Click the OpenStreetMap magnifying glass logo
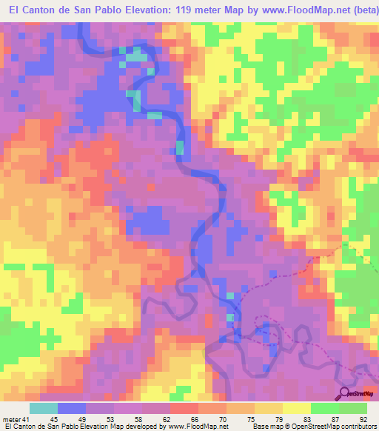pos(346,392)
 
